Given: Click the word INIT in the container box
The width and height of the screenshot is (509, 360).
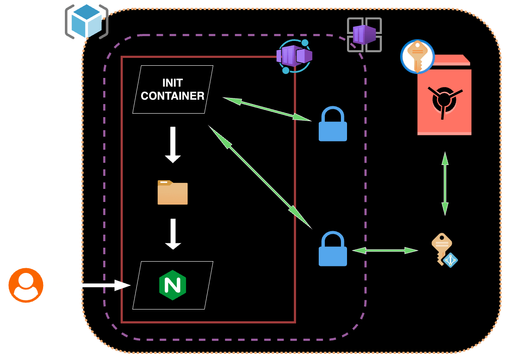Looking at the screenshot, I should tap(172, 83).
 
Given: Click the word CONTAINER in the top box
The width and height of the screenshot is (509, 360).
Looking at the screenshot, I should tap(172, 96).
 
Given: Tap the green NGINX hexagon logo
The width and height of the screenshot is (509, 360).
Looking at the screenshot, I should tap(172, 285).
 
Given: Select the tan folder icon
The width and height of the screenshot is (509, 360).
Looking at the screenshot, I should tap(172, 192).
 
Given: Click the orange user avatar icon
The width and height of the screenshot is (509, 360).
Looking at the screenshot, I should tap(26, 285).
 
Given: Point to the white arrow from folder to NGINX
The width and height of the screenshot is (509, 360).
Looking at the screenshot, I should tap(173, 234).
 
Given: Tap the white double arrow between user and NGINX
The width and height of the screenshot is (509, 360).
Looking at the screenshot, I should tap(91, 285).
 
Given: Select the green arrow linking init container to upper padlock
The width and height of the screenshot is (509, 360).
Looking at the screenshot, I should tap(267, 109).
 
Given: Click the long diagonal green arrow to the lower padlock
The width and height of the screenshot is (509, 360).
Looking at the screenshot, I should tap(260, 177).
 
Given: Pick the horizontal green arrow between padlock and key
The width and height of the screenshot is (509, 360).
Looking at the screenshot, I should tap(385, 250).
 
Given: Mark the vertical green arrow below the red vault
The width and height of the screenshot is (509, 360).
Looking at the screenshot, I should tap(445, 183).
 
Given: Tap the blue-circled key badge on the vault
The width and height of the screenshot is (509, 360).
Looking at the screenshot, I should tap(418, 57).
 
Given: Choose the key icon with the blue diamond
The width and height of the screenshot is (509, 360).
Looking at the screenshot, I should tap(444, 249).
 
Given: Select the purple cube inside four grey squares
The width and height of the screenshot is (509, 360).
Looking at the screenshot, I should tap(364, 35).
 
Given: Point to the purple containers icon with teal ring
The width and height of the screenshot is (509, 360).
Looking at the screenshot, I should tap(294, 56).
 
